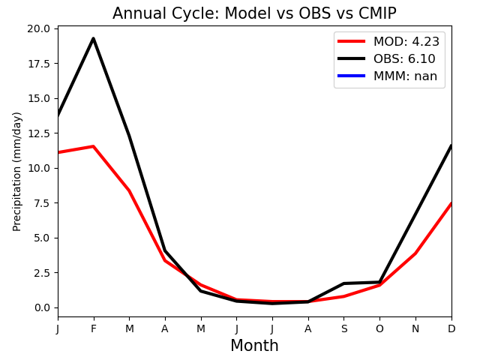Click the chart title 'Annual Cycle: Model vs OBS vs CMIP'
click(x=254, y=13)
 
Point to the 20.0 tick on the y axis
click(x=38, y=28)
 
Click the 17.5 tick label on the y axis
click(x=38, y=64)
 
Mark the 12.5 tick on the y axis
click(x=38, y=133)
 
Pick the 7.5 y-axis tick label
click(x=42, y=203)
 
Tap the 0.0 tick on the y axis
click(x=42, y=307)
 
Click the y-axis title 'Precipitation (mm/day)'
click(x=16, y=172)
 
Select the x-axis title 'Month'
click(x=254, y=346)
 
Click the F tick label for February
click(x=93, y=328)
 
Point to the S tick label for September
click(x=344, y=328)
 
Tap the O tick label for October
click(x=379, y=328)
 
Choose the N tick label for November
click(x=415, y=328)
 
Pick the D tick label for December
click(x=451, y=328)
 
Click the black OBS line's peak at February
click(x=93, y=38)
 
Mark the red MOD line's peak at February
click(x=93, y=146)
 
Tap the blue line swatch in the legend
click(x=351, y=76)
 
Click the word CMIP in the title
click(x=377, y=13)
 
